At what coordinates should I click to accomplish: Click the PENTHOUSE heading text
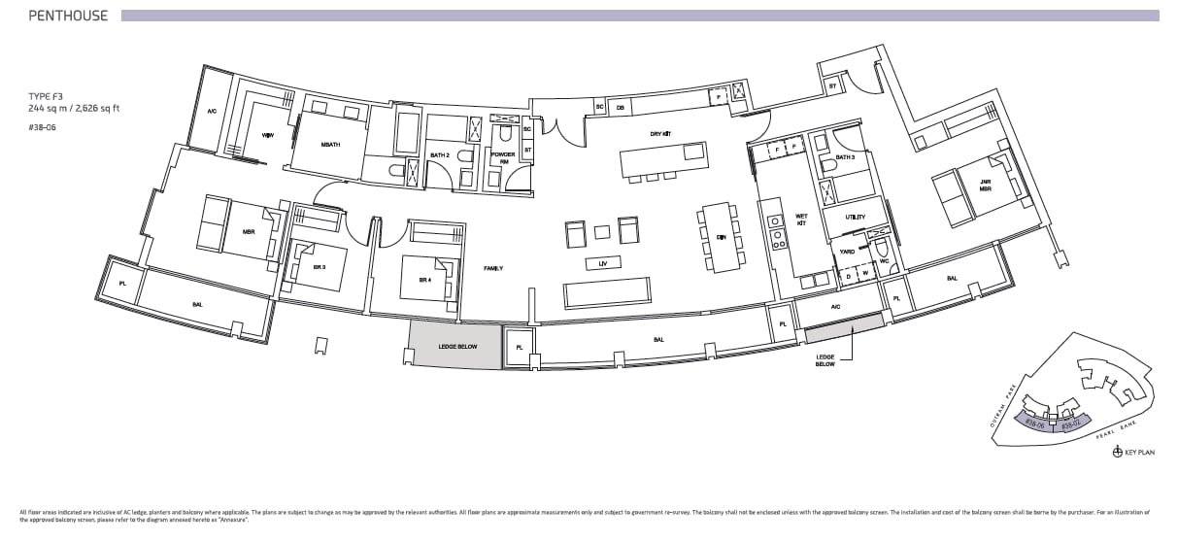(x=68, y=16)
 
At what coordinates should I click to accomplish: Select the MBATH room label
(x=330, y=145)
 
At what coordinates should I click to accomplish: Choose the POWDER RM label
(x=503, y=158)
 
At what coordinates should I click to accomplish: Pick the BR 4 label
(x=424, y=280)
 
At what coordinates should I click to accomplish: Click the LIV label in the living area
(x=603, y=262)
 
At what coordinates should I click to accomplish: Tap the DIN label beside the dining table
(x=721, y=237)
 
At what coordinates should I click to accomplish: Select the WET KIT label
(x=801, y=220)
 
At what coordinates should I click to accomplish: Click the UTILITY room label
(x=855, y=218)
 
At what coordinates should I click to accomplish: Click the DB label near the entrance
(x=620, y=107)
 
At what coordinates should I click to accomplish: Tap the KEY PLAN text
(x=1140, y=453)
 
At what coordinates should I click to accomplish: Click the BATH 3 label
(x=846, y=156)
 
